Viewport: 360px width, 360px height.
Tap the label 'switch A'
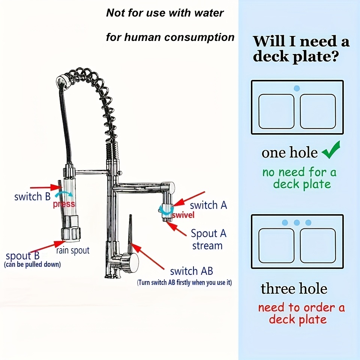pyautogui.click(x=208, y=205)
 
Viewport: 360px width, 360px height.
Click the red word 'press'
pyautogui.click(x=64, y=204)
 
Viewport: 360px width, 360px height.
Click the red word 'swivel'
pyautogui.click(x=183, y=215)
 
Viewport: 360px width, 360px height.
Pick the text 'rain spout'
pyautogui.click(x=73, y=250)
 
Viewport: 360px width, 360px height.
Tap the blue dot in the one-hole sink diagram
pyautogui.click(x=297, y=88)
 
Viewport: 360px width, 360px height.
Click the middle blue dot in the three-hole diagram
pyautogui.click(x=297, y=222)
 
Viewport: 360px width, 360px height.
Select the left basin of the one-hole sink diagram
pyautogui.click(x=277, y=111)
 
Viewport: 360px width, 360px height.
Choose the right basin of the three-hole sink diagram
pyautogui.click(x=318, y=245)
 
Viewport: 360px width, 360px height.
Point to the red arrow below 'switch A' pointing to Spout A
pyautogui.click(x=178, y=228)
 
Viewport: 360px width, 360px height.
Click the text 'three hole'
pyautogui.click(x=294, y=289)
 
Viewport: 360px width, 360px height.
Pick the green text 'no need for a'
pyautogui.click(x=299, y=172)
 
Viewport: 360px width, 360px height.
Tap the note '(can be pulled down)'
pyautogui.click(x=32, y=265)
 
